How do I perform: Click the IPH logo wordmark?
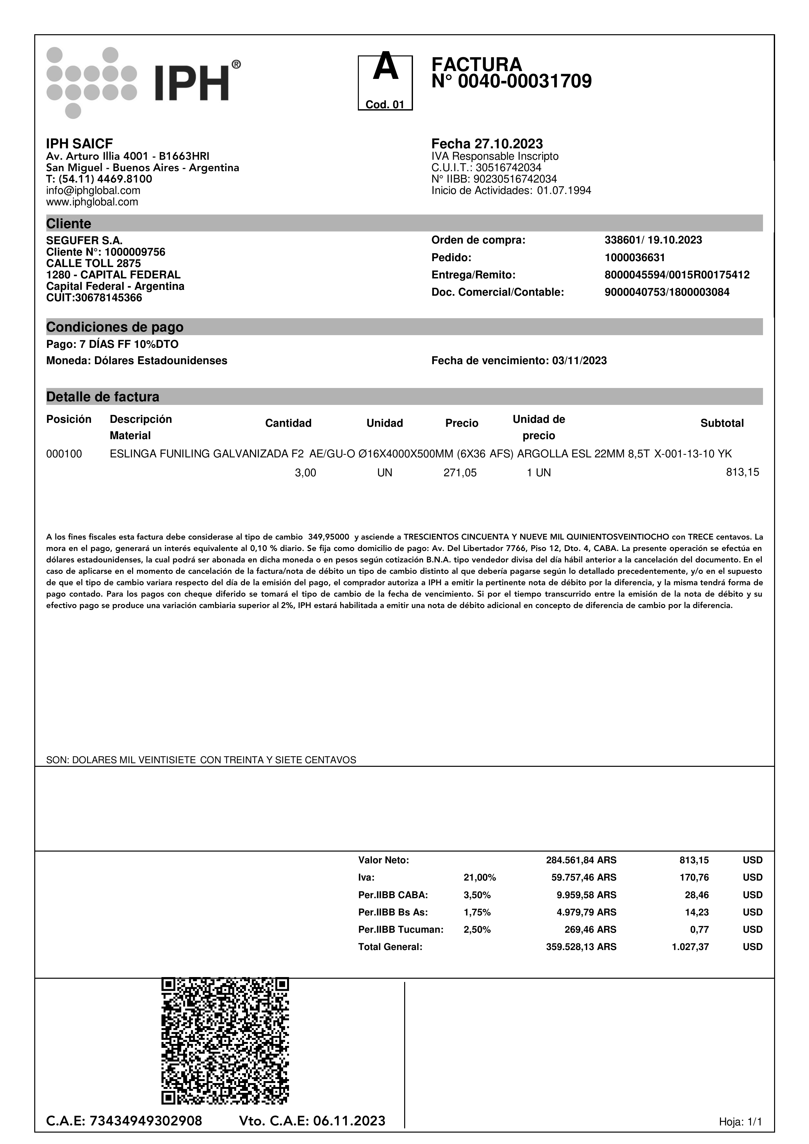pyautogui.click(x=192, y=83)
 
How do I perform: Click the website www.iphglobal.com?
pyautogui.click(x=92, y=202)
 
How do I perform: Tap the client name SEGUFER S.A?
pyautogui.click(x=84, y=241)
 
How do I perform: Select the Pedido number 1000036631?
pyautogui.click(x=634, y=258)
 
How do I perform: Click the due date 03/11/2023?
pyautogui.click(x=579, y=361)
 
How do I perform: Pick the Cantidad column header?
pyautogui.click(x=288, y=423)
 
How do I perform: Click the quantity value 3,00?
pyautogui.click(x=306, y=473)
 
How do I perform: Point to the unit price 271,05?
pyautogui.click(x=460, y=473)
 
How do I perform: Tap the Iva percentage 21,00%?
pyautogui.click(x=480, y=877)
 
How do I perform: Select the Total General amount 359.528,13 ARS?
pyautogui.click(x=581, y=947)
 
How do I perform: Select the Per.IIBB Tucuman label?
pyautogui.click(x=401, y=929)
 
